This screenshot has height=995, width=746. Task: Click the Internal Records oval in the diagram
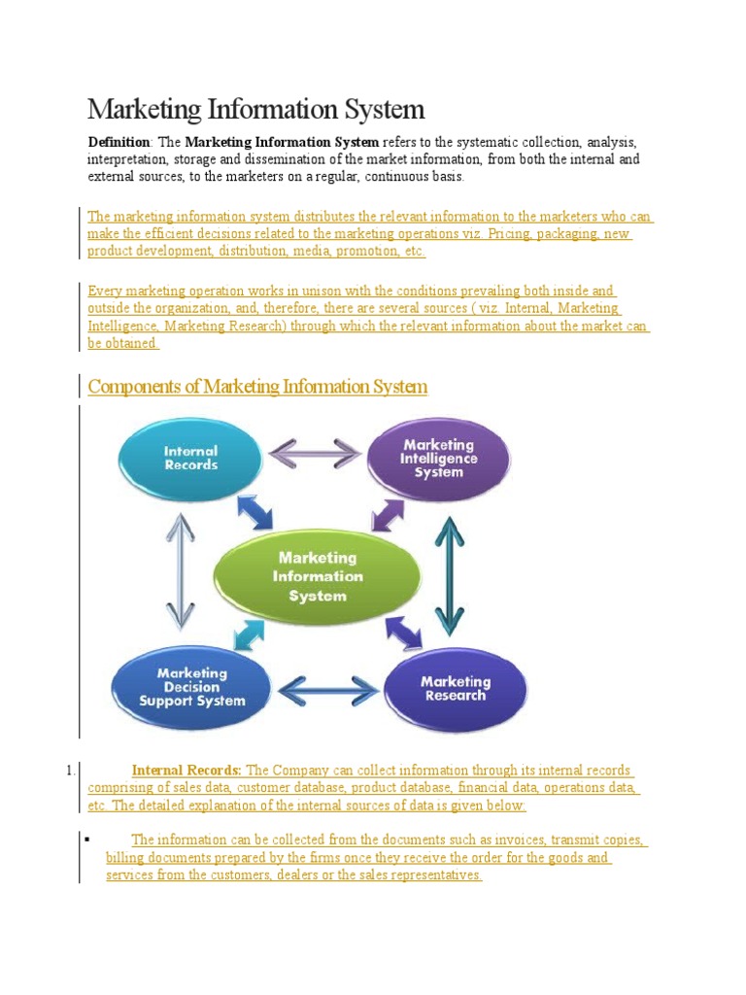(x=190, y=459)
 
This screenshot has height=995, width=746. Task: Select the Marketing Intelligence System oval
(x=439, y=459)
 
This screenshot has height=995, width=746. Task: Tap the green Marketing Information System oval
(x=317, y=576)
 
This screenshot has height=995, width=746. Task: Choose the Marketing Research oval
(x=456, y=689)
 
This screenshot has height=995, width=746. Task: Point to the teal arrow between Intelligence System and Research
(x=449, y=572)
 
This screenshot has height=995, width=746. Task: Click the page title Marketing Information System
(x=256, y=108)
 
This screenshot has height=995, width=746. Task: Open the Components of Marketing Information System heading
(x=257, y=387)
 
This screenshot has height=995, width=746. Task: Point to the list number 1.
(x=71, y=771)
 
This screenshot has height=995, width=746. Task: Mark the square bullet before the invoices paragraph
(x=88, y=838)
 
